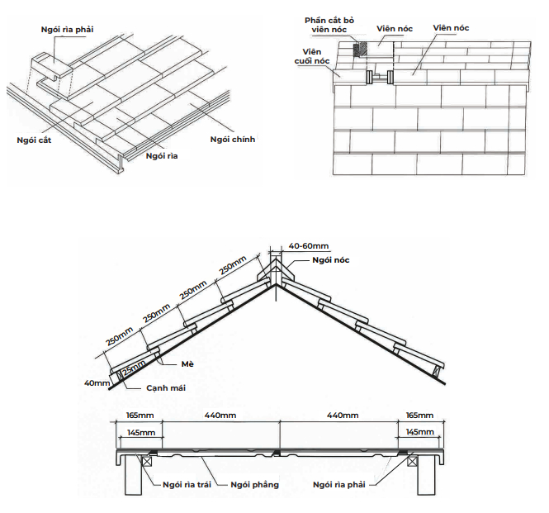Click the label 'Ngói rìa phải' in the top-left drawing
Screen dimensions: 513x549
(x=68, y=30)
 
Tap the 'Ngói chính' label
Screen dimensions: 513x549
(x=233, y=140)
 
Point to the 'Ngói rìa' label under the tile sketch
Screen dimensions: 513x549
(x=163, y=155)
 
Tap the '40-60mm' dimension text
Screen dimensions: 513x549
(x=309, y=246)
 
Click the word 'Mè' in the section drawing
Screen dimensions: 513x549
(x=187, y=363)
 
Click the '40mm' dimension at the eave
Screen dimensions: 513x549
(x=97, y=383)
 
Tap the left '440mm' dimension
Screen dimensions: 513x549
(x=221, y=415)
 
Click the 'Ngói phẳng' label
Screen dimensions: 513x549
(x=255, y=485)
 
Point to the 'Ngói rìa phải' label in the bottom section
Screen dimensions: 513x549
(x=339, y=485)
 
